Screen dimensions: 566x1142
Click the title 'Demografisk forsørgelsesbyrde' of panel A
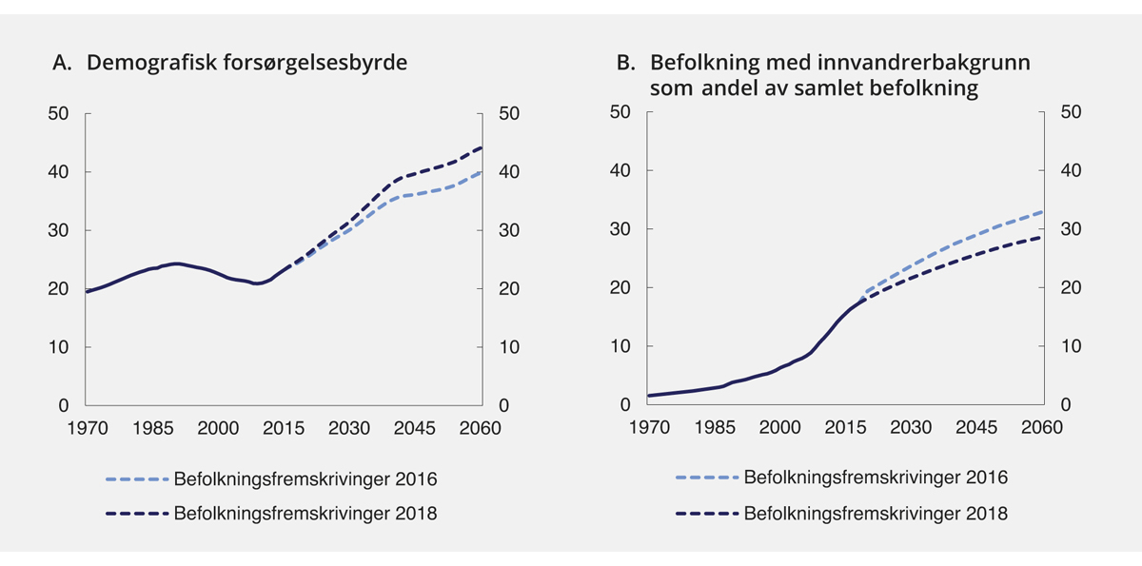pyautogui.click(x=246, y=64)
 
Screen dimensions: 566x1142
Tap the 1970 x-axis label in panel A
pyautogui.click(x=87, y=428)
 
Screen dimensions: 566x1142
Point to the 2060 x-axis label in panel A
pyautogui.click(x=481, y=428)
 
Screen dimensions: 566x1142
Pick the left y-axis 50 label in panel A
pyautogui.click(x=59, y=113)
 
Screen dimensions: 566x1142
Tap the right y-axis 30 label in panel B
pyautogui.click(x=1071, y=230)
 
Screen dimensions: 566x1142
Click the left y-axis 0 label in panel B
pyautogui.click(x=625, y=405)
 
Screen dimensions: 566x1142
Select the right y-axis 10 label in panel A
pyautogui.click(x=509, y=347)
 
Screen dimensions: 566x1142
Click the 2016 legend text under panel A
pyautogui.click(x=305, y=478)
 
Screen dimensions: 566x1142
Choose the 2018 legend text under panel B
pyautogui.click(x=876, y=515)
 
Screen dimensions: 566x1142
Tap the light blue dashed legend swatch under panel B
pyautogui.click(x=707, y=478)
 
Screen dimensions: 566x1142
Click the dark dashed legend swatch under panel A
pyautogui.click(x=137, y=515)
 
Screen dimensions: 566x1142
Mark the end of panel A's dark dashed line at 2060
pyautogui.click(x=482, y=147)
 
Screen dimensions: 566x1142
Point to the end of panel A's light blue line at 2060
pyautogui.click(x=482, y=172)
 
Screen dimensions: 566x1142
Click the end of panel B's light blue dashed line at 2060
pyautogui.click(x=1042, y=211)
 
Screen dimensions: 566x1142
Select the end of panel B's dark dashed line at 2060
pyautogui.click(x=1042, y=237)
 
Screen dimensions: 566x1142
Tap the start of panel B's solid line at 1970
pyautogui.click(x=648, y=396)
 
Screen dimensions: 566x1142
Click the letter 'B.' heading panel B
pyautogui.click(x=626, y=64)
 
